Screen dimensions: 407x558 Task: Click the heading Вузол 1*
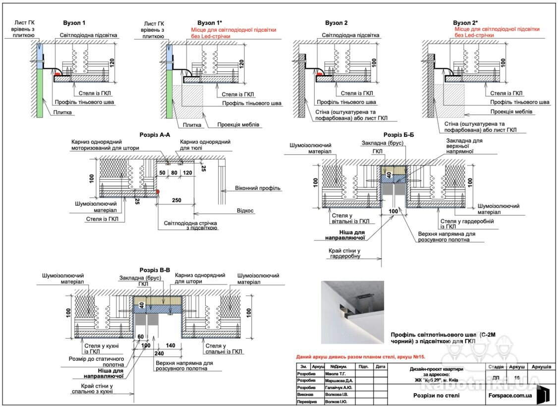[210, 23]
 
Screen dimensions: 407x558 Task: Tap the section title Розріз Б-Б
[398, 135]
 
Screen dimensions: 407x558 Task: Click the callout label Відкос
[245, 211]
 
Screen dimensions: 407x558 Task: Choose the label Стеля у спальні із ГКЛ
[224, 349]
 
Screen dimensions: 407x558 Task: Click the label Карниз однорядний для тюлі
[205, 145]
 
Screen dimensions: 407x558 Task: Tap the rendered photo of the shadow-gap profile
[352, 312]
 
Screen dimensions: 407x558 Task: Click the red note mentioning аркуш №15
[360, 356]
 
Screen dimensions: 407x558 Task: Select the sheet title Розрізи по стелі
[436, 395]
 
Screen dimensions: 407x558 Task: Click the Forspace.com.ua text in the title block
[510, 395]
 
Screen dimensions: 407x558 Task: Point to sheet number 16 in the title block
[517, 378]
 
